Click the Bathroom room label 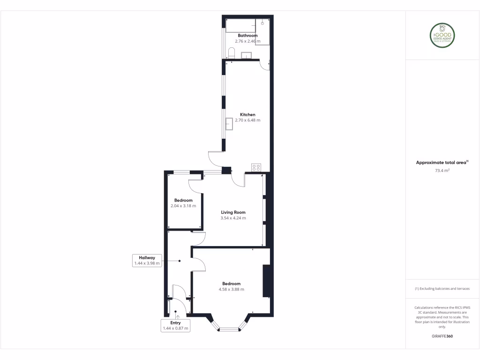[247, 36]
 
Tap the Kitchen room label [247, 115]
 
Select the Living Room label [233, 212]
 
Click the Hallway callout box [147, 261]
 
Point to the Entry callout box [175, 326]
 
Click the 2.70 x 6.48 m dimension [247, 120]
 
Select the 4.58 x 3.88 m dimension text [232, 290]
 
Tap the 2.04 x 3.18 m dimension [183, 206]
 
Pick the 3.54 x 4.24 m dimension [233, 218]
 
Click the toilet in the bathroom [231, 52]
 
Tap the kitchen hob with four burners [256, 167]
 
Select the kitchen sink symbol [229, 124]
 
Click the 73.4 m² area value [442, 171]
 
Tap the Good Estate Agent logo [442, 35]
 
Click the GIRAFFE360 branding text [442, 336]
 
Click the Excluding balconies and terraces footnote [442, 289]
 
